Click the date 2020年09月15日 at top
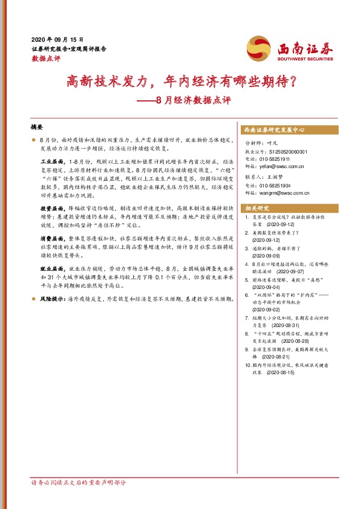pyautogui.click(x=57, y=38)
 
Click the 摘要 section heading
pyautogui.click(x=37, y=128)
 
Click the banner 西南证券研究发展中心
pyautogui.click(x=274, y=130)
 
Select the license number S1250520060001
pyautogui.click(x=286, y=152)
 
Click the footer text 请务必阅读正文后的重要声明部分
pyautogui.click(x=79, y=483)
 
